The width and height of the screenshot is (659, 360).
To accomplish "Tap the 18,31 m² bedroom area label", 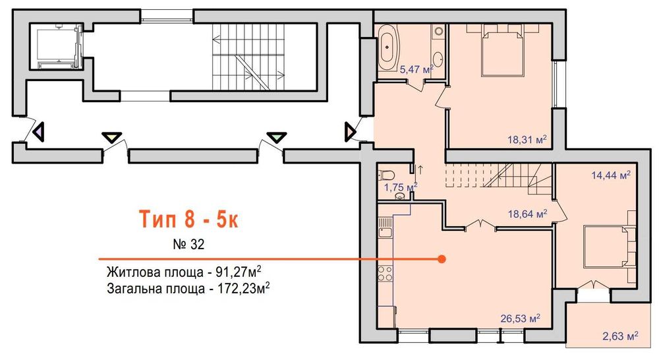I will [527, 139].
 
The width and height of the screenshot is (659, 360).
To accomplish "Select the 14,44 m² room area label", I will [611, 175].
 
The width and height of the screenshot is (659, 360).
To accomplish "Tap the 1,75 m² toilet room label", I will [401, 187].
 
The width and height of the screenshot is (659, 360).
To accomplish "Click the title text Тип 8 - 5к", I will [187, 218].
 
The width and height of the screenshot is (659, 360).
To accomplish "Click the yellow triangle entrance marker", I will [112, 137].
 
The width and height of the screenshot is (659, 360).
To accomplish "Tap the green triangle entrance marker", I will [275, 137].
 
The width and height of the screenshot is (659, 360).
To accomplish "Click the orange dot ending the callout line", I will [442, 259].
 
